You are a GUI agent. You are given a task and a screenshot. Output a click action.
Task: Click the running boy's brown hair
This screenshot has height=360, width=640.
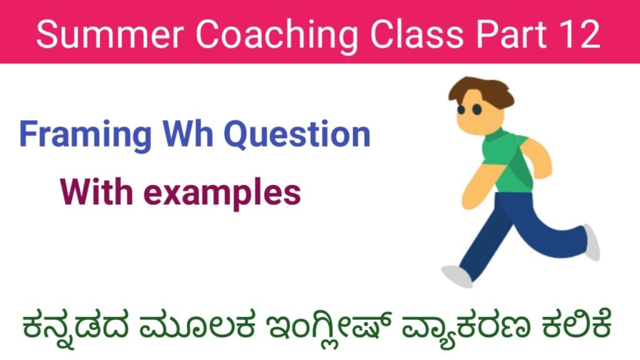(x=481, y=92)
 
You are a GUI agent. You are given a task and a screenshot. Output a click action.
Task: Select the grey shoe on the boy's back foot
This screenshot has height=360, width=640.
(x=591, y=242)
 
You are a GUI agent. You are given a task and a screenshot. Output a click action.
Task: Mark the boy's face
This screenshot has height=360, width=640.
(x=478, y=116)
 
